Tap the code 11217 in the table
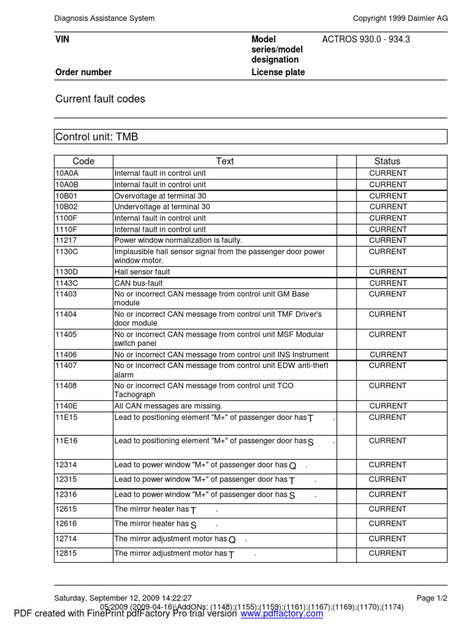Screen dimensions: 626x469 pyautogui.click(x=67, y=240)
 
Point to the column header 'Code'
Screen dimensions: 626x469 pyautogui.click(x=84, y=161)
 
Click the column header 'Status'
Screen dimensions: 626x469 pyautogui.click(x=387, y=161)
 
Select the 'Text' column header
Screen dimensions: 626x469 pyautogui.click(x=225, y=161)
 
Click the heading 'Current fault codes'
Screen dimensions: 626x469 pyautogui.click(x=100, y=99)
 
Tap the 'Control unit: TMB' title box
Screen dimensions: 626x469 pyautogui.click(x=97, y=137)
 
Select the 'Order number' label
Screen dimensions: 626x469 pyautogui.click(x=84, y=72)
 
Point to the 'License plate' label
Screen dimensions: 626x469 pyautogui.click(x=278, y=72)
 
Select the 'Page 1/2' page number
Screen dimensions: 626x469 pyautogui.click(x=432, y=598)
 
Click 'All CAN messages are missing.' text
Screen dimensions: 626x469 pyautogui.click(x=169, y=406)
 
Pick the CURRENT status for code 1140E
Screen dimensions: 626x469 pyautogui.click(x=387, y=406)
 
